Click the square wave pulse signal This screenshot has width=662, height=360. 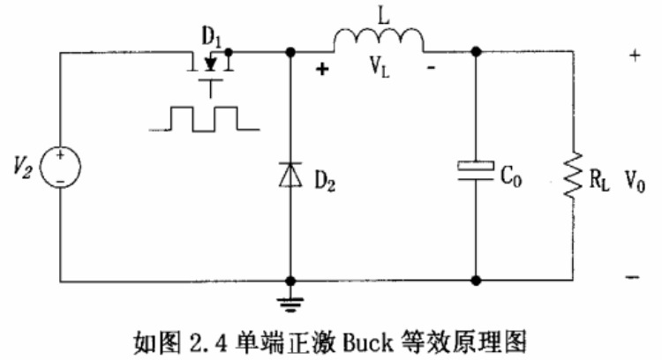point(204,118)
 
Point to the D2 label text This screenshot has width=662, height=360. point(326,181)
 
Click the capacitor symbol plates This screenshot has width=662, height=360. point(477,168)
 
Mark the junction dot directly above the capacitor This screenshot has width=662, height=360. point(477,52)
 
